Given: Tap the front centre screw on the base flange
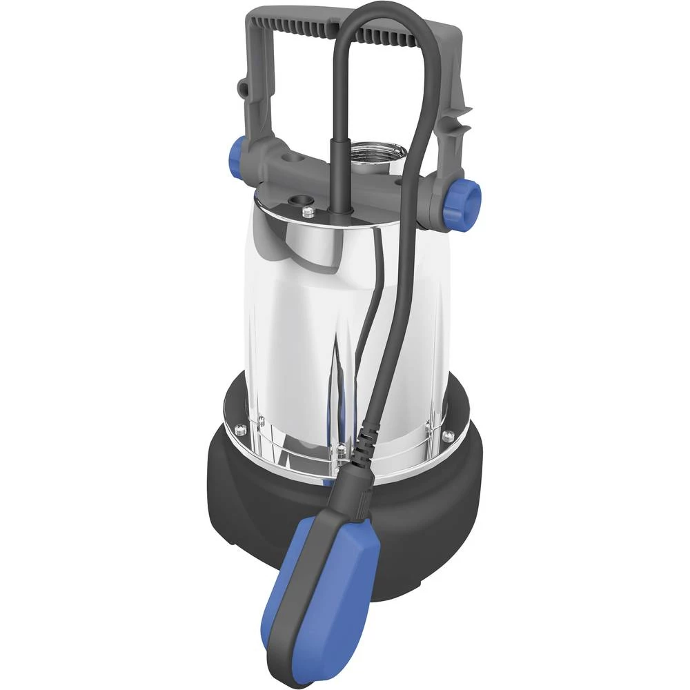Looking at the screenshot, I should point(342,452).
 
